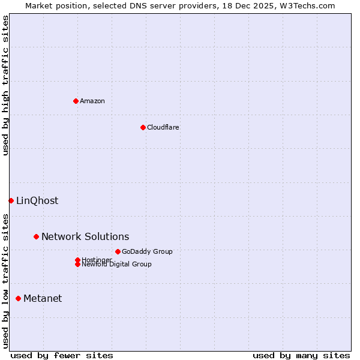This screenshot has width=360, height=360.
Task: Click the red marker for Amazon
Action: pos(76,101)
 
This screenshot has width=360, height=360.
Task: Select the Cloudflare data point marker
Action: pos(143,127)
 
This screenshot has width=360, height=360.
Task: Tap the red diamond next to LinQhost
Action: pos(11,200)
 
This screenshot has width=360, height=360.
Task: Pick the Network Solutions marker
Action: pos(36,236)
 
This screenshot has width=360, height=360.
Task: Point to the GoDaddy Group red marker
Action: pos(118,251)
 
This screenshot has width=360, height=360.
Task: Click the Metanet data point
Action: pos(18,298)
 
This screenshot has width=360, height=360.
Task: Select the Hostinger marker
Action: pos(77,260)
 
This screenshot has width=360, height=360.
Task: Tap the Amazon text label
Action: pos(92,101)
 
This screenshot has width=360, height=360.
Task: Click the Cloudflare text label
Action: pos(163,127)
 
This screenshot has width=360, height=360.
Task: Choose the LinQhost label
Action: pos(37,200)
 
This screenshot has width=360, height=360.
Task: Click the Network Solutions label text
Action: pos(85,236)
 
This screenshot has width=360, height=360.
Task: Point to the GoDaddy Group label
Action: pos(147,251)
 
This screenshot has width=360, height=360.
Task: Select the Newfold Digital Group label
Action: pos(116,265)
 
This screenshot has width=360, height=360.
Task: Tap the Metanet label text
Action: pos(43,298)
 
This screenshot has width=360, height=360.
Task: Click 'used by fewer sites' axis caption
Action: pos(62,355)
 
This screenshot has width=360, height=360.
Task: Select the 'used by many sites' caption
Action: pos(301,355)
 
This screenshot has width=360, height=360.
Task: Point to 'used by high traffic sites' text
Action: pos(6,85)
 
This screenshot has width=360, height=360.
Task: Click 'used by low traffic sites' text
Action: pos(6,281)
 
